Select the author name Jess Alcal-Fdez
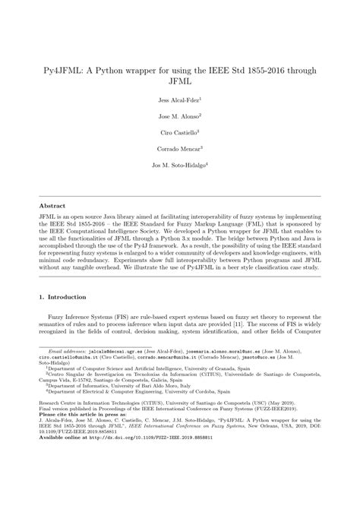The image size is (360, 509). pyautogui.click(x=179, y=99)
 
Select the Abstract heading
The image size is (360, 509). pyautogui.click(x=53, y=205)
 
